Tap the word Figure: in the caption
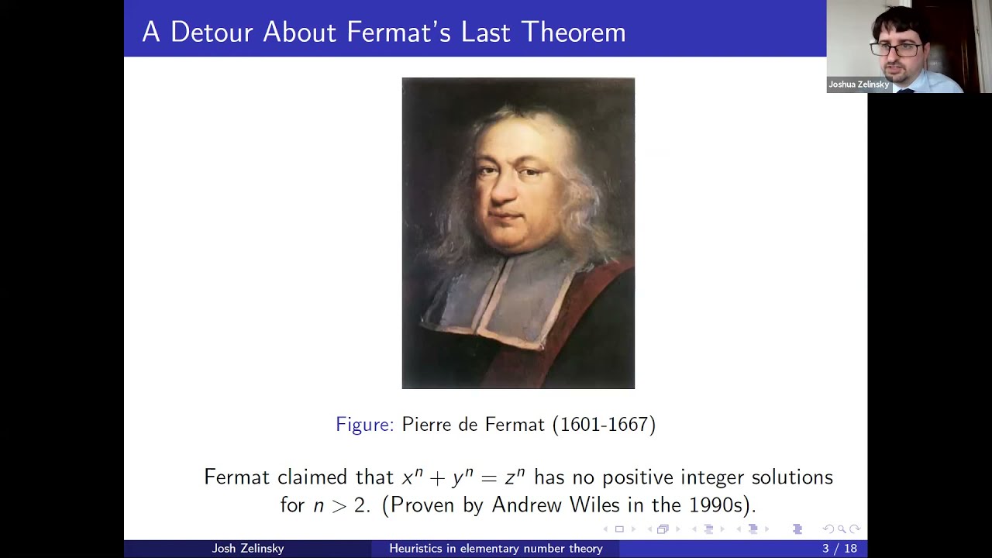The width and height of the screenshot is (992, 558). coord(364,425)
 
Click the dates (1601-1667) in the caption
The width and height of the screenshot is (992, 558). coord(604,425)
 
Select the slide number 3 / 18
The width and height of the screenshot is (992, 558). coord(839,549)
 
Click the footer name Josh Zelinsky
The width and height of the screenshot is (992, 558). coord(248,549)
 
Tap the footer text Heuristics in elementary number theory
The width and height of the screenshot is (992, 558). coord(496,549)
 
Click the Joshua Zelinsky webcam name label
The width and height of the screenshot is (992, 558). coord(859,84)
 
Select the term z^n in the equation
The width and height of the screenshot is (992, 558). coord(515,477)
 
